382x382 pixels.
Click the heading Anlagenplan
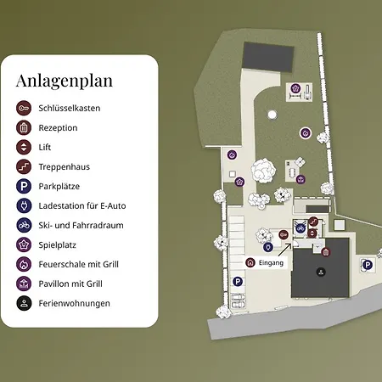click(64, 81)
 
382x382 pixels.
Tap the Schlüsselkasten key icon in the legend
click(23, 108)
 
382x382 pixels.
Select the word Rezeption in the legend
click(59, 127)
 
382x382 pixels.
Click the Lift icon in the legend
click(23, 147)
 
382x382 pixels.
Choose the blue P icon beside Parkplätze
click(23, 186)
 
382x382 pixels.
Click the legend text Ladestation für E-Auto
click(87, 205)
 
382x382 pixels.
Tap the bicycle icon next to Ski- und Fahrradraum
click(23, 225)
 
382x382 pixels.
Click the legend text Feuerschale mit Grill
click(83, 264)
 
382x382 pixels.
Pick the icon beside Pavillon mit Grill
click(23, 284)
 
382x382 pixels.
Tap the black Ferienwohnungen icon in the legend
click(23, 303)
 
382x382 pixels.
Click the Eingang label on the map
click(271, 263)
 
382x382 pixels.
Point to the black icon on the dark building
click(321, 272)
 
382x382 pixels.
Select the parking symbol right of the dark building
click(368, 265)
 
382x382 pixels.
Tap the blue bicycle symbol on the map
click(300, 227)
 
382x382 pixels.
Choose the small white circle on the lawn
click(272, 113)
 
